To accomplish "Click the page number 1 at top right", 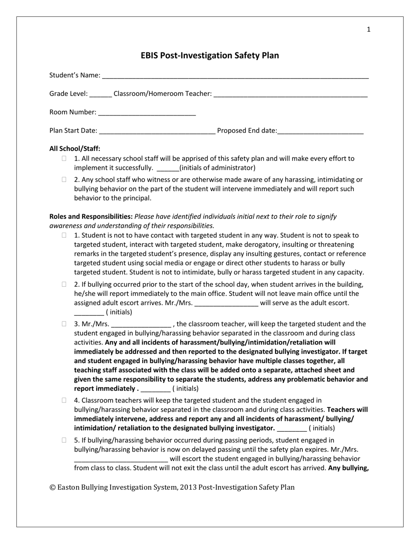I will (x=369, y=30).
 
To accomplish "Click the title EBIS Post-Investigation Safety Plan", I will (x=210, y=55).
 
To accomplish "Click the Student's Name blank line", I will (x=235, y=76).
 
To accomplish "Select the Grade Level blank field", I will (x=100, y=94).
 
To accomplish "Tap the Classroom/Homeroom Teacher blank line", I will (x=290, y=94).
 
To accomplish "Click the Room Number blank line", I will (x=147, y=113).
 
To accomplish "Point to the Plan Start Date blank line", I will (x=157, y=131).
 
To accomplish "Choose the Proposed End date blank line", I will (x=320, y=131).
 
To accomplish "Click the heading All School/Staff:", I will (x=75, y=149).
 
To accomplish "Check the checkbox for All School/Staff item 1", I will (x=64, y=158).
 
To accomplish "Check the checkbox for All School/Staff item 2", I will (x=64, y=180).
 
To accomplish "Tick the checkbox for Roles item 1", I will (x=64, y=235).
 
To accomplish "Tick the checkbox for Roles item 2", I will (x=64, y=284).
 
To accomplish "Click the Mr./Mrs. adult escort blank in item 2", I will (x=226, y=303).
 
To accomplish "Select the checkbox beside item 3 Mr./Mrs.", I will (x=64, y=324).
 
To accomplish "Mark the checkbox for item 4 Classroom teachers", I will (x=64, y=400).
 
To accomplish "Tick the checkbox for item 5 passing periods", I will (x=64, y=440).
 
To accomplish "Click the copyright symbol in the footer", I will (x=53, y=487).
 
